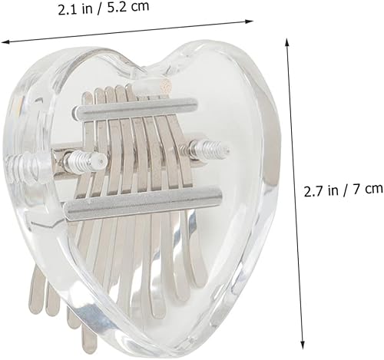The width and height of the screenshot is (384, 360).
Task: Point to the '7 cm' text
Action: coord(364,187)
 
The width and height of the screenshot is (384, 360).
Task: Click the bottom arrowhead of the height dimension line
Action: coord(302,346)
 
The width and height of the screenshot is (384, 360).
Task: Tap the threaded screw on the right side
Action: coord(210,147)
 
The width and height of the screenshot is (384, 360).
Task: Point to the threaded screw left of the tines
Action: coord(84,160)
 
